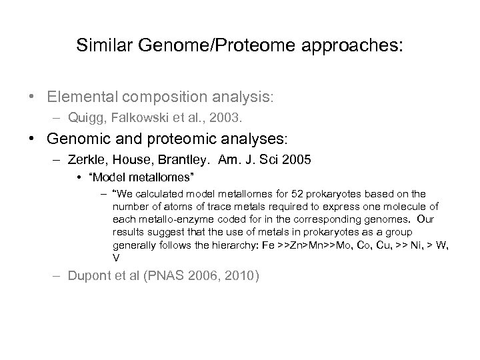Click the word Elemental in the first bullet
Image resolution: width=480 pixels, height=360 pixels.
[79, 97]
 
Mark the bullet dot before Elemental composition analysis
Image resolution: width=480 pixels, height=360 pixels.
[33, 97]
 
